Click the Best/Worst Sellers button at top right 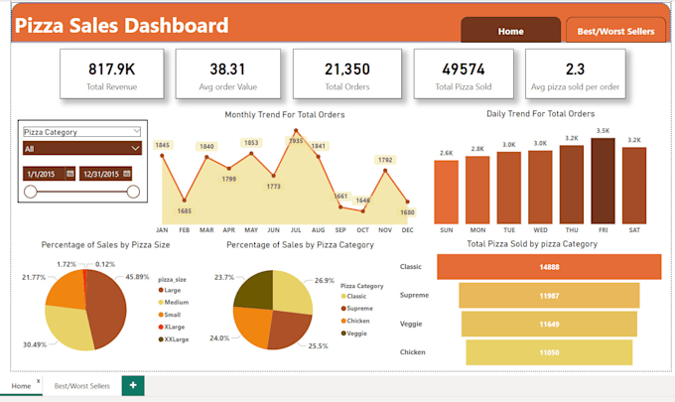pos(615,31)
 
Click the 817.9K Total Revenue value pos(111,68)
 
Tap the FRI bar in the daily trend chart pos(603,171)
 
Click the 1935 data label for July pos(296,141)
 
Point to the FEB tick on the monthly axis pos(184,229)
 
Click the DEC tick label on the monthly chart pos(408,229)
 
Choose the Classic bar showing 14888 pos(548,267)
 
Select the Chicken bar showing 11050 pos(548,352)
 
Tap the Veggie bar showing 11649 pos(548,325)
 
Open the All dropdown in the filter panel pos(82,148)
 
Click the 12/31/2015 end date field pos(108,173)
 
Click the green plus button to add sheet pos(132,384)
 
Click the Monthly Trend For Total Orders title pos(285,115)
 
